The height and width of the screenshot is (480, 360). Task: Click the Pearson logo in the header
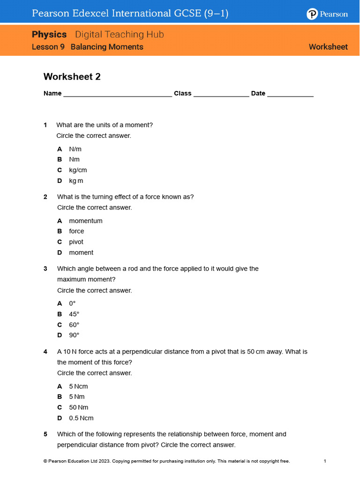pyautogui.click(x=327, y=14)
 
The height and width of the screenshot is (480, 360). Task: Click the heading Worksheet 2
pyautogui.click(x=72, y=76)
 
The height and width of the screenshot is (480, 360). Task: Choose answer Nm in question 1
pyautogui.click(x=74, y=159)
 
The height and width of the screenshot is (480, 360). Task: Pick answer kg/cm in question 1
pyautogui.click(x=78, y=170)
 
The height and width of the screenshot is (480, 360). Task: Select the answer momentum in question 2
pyautogui.click(x=85, y=221)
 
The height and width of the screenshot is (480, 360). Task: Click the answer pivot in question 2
pyautogui.click(x=76, y=242)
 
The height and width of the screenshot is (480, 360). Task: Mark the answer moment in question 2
pyautogui.click(x=81, y=253)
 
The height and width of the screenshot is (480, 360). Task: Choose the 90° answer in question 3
pyautogui.click(x=74, y=335)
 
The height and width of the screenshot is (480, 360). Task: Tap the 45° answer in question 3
pyautogui.click(x=74, y=314)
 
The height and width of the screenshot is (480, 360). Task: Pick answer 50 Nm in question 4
pyautogui.click(x=78, y=407)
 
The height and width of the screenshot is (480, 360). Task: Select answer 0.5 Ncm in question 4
pyautogui.click(x=81, y=418)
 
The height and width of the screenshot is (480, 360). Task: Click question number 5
pyautogui.click(x=45, y=434)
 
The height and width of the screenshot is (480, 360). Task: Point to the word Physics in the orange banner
pyautogui.click(x=49, y=34)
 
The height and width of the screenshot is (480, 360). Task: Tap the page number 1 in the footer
pyautogui.click(x=325, y=461)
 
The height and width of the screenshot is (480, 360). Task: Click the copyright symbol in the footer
pyautogui.click(x=45, y=461)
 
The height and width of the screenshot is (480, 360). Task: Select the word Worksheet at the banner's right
pyautogui.click(x=328, y=47)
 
